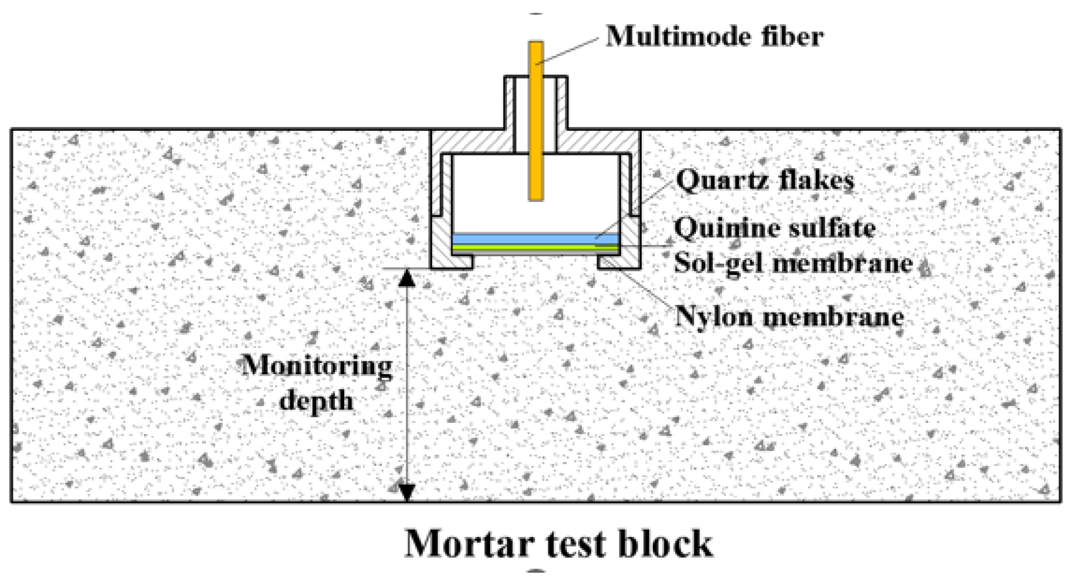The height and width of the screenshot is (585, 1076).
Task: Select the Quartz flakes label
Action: coord(765,180)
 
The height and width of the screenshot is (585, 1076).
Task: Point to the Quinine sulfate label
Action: coord(775,228)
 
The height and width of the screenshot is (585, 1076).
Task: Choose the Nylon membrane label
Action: coord(789,316)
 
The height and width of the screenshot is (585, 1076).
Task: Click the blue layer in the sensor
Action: coord(535,239)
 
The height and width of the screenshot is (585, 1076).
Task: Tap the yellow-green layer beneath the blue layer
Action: coord(535,247)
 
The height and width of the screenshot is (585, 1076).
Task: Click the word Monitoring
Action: coord(317,366)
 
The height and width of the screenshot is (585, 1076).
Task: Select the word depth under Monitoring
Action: coord(316,400)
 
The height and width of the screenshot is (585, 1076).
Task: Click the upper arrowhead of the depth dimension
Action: coord(407,277)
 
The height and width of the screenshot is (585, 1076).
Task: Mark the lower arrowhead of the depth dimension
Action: coord(407,493)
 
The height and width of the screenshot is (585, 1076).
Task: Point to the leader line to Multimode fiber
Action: coord(570,50)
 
